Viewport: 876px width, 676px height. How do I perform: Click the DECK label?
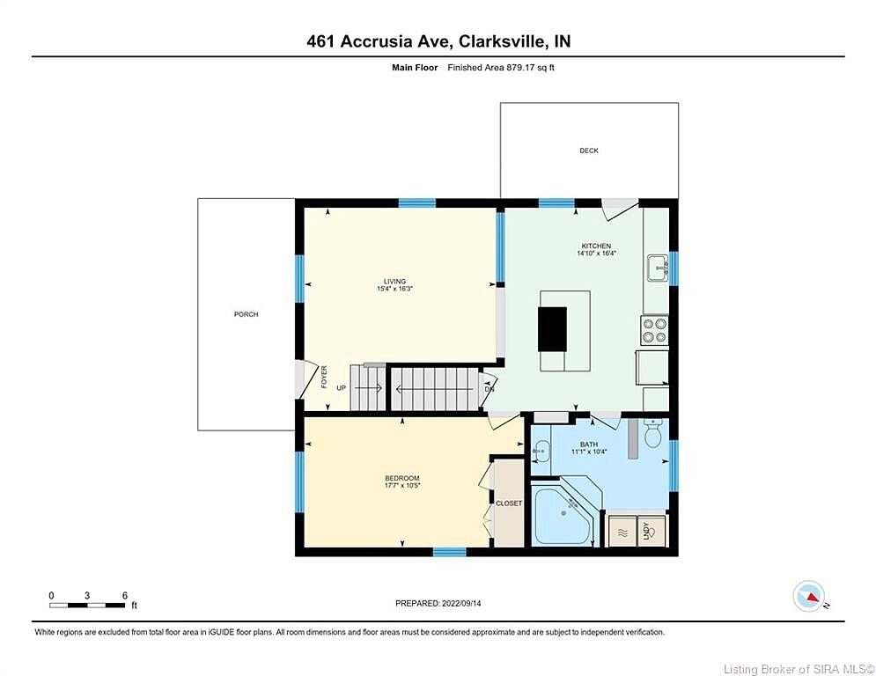point(589,151)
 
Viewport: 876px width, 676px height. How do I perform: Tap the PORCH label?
point(246,314)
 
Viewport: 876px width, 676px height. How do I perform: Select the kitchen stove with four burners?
point(654,329)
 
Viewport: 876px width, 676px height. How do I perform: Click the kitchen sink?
point(659,268)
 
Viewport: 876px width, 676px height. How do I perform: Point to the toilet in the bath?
point(652,433)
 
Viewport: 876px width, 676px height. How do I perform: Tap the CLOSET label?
point(509,503)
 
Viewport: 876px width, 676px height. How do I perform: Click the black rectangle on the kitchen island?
point(553,329)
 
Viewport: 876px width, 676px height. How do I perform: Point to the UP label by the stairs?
point(342,387)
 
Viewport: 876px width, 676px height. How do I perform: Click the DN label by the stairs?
point(490,389)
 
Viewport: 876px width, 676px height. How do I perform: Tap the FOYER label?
point(324,377)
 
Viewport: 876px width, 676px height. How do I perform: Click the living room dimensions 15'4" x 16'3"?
point(394,289)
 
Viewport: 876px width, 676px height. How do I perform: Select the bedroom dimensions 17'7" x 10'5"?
point(402,486)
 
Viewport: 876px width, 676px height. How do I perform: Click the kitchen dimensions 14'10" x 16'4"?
point(597,253)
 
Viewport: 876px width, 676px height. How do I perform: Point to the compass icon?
point(808,596)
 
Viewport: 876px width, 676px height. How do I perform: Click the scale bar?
point(86,605)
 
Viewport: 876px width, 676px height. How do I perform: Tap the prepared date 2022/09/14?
point(461,603)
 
